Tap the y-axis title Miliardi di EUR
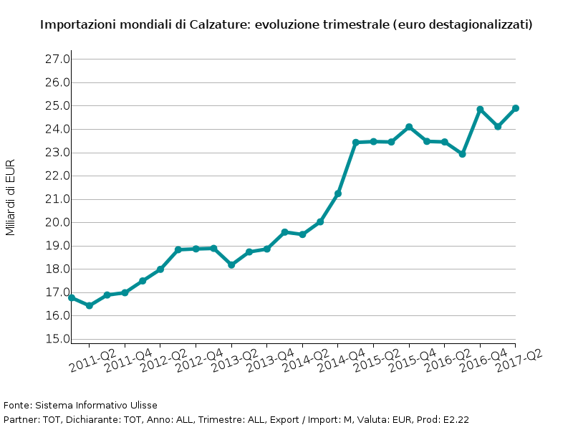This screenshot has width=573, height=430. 10,197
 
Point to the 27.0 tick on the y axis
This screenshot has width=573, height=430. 57,59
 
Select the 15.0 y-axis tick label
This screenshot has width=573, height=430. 57,339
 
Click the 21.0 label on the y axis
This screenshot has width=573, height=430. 57,199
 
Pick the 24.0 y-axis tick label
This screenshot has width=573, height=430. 57,129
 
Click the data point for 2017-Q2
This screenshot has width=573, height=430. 516,108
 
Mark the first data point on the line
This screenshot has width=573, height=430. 72,297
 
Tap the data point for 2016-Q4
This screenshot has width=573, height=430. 498,126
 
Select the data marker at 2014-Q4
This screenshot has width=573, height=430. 356,143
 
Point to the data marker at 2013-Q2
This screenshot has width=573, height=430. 249,252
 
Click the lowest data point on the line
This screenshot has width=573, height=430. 90,306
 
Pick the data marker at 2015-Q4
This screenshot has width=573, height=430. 427,141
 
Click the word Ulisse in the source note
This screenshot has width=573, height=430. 143,406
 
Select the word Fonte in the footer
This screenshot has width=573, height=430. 17,406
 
